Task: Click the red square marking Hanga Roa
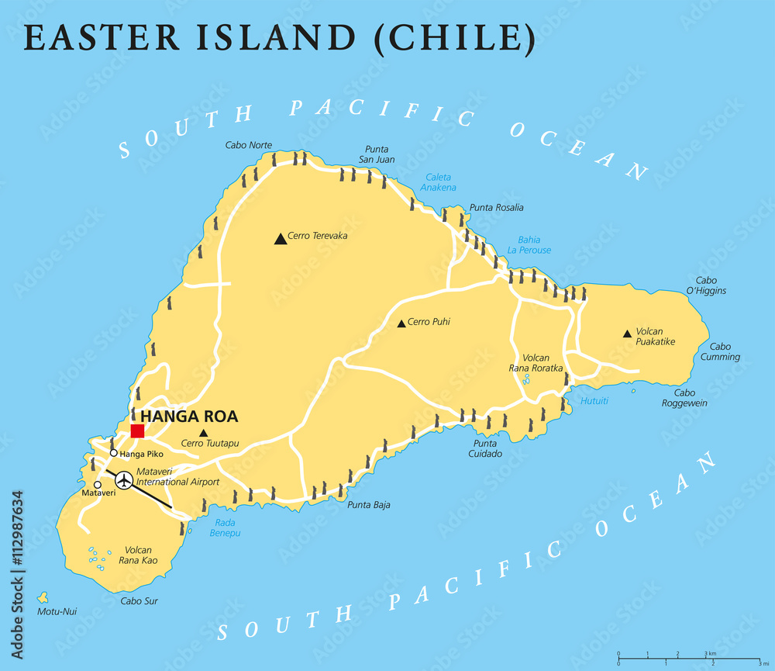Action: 137,431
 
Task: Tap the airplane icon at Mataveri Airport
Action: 123,481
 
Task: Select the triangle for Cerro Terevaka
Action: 280,239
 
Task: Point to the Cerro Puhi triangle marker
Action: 401,323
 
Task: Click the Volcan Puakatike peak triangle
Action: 627,334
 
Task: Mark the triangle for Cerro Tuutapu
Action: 203,433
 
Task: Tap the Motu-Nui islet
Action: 43,598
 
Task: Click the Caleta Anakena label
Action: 439,182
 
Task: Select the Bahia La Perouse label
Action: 529,245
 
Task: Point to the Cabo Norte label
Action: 249,145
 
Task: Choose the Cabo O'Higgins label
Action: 706,285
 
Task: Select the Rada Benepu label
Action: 226,527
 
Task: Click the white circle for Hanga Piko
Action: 114,453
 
